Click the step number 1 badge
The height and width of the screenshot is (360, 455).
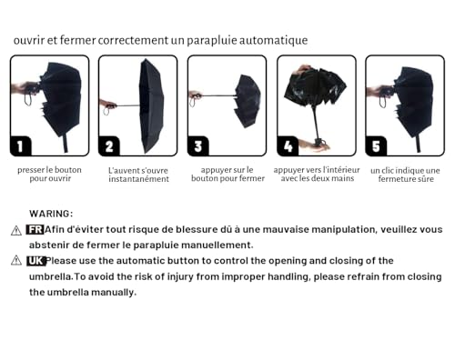(x=21, y=146)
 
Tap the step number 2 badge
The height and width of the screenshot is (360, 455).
(x=109, y=146)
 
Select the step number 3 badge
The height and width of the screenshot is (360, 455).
(x=198, y=146)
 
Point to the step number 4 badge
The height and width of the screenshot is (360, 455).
(x=288, y=146)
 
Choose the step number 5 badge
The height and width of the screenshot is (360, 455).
(x=376, y=146)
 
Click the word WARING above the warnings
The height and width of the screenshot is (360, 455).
(x=51, y=214)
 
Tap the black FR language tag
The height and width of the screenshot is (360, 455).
(x=35, y=230)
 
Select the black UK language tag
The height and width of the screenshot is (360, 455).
(x=35, y=261)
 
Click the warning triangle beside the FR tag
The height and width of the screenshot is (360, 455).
(x=16, y=231)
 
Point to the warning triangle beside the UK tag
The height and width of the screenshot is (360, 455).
(x=16, y=260)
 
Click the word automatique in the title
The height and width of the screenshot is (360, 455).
(x=274, y=40)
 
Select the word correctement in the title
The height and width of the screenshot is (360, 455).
(x=133, y=40)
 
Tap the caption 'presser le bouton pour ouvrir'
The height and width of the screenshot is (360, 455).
(x=49, y=174)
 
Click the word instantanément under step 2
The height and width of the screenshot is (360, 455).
(x=139, y=179)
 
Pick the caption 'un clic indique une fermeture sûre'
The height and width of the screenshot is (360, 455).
(x=405, y=175)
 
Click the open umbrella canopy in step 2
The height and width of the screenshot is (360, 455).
(x=151, y=105)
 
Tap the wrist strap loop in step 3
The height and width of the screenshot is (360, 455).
(x=193, y=102)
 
